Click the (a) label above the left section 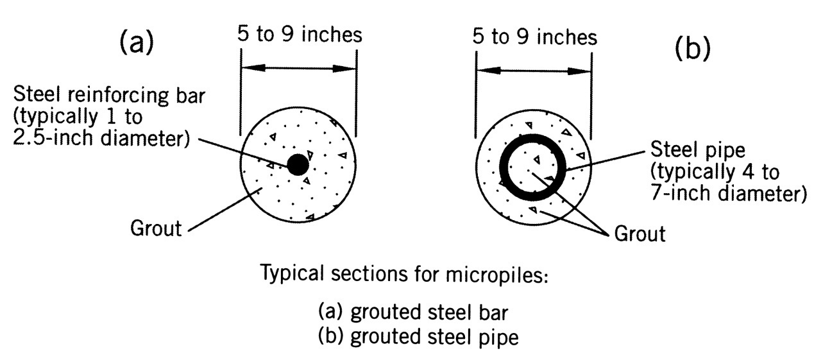point(136,44)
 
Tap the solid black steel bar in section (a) point(297,165)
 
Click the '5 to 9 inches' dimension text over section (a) point(298,35)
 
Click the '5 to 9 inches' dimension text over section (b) point(534,37)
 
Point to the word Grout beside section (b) point(640,233)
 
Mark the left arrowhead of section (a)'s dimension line point(248,67)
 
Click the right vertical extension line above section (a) point(357,96)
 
